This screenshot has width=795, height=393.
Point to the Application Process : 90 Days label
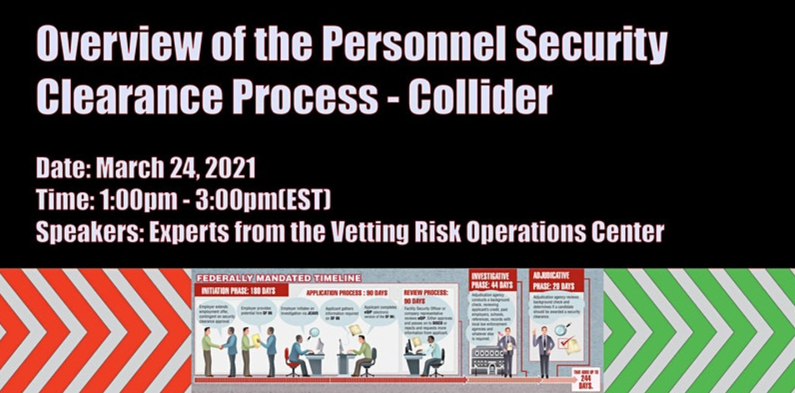[x=347, y=293]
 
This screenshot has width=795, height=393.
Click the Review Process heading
[x=426, y=293]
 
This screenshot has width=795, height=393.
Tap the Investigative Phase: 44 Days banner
[x=492, y=280]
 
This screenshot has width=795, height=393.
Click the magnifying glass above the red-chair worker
[x=315, y=332]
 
